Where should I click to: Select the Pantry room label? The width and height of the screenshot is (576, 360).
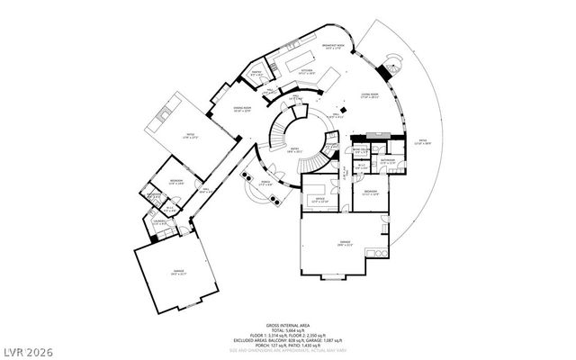256,72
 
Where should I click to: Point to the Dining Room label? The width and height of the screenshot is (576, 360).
217,109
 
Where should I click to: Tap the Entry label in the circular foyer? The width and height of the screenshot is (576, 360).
292,151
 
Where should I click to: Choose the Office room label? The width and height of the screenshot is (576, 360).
313,201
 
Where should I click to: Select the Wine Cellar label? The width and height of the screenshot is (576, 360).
359,150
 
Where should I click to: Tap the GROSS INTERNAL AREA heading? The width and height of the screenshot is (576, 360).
288,325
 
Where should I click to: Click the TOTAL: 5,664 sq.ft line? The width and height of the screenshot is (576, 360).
288,330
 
